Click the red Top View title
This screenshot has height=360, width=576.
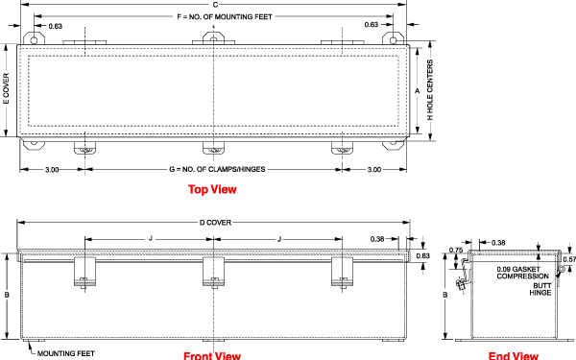[212, 189]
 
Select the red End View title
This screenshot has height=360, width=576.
[514, 355]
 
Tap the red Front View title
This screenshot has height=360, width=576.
[212, 355]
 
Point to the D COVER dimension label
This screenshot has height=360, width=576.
[215, 223]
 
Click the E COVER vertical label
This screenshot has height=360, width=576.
[7, 89]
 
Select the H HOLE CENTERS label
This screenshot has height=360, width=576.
[430, 90]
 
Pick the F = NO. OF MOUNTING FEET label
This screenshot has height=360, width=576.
[225, 17]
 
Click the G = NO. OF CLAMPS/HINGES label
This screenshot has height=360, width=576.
[217, 169]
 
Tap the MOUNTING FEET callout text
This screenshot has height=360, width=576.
[66, 353]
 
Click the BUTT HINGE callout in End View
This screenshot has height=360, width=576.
[540, 289]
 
